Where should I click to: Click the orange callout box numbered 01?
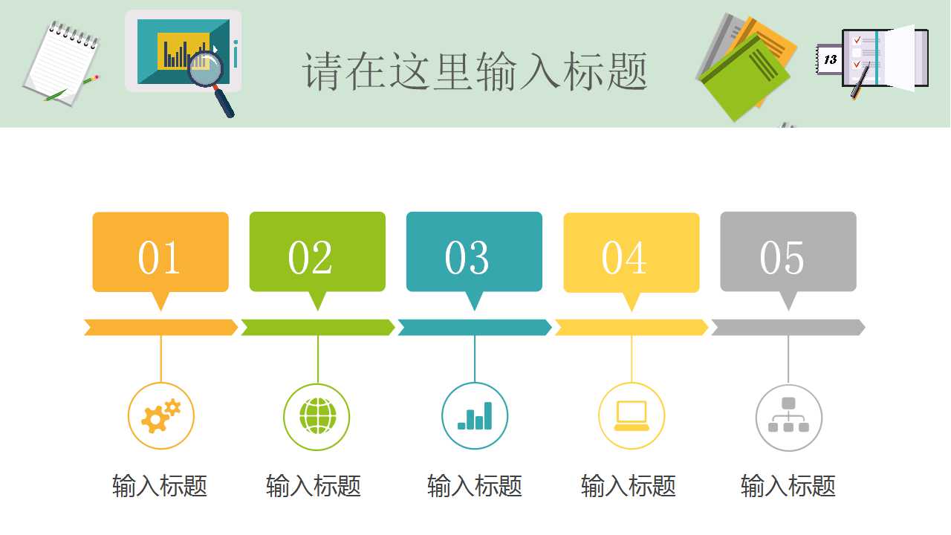click(160, 253)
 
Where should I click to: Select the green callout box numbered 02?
click(317, 253)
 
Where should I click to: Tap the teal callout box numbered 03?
click(474, 253)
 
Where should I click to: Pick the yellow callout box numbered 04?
click(631, 253)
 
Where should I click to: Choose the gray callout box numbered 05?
click(788, 253)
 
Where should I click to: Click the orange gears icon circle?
click(160, 416)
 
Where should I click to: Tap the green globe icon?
click(317, 416)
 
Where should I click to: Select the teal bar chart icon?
click(475, 416)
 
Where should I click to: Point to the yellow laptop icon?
click(632, 416)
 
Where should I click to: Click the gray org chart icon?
click(788, 417)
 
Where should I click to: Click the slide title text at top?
click(475, 71)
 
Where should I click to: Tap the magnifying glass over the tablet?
click(207, 71)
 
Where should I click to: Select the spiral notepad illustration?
click(61, 63)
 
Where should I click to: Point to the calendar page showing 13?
click(830, 59)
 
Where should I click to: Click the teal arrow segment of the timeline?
click(474, 328)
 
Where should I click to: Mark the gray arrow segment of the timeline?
click(788, 328)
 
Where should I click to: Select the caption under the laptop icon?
click(629, 487)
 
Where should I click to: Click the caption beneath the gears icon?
click(160, 487)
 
